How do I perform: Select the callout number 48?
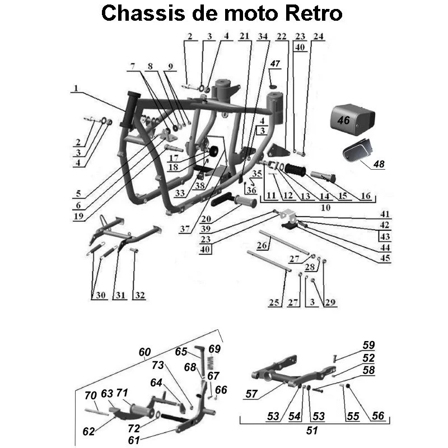[x=379, y=164]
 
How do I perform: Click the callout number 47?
[x=274, y=64]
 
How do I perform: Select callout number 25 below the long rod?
[x=274, y=303]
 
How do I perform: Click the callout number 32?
[x=138, y=295]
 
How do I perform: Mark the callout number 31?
[x=118, y=295]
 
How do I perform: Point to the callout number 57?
[x=252, y=395]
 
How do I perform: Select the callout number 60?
[x=145, y=352]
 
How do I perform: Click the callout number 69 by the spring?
[x=214, y=349]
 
